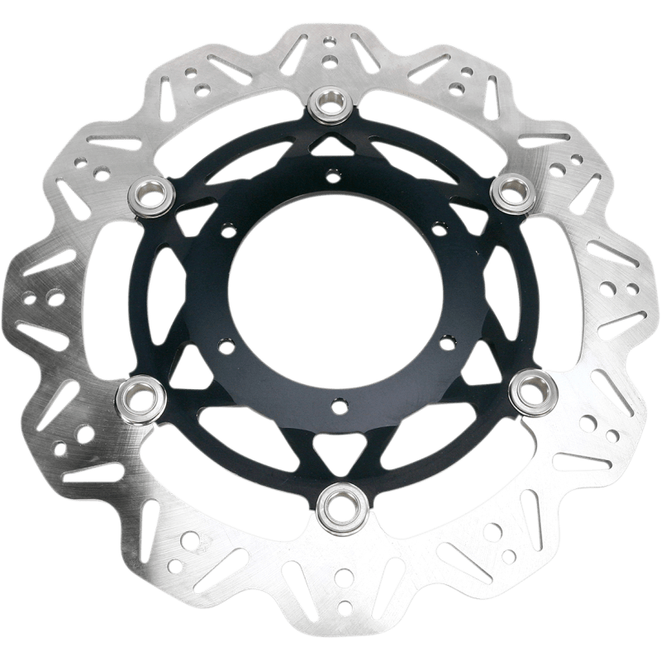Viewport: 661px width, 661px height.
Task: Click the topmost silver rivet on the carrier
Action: pos(331,103)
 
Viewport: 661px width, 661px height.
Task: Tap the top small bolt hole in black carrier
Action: pos(332,174)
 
